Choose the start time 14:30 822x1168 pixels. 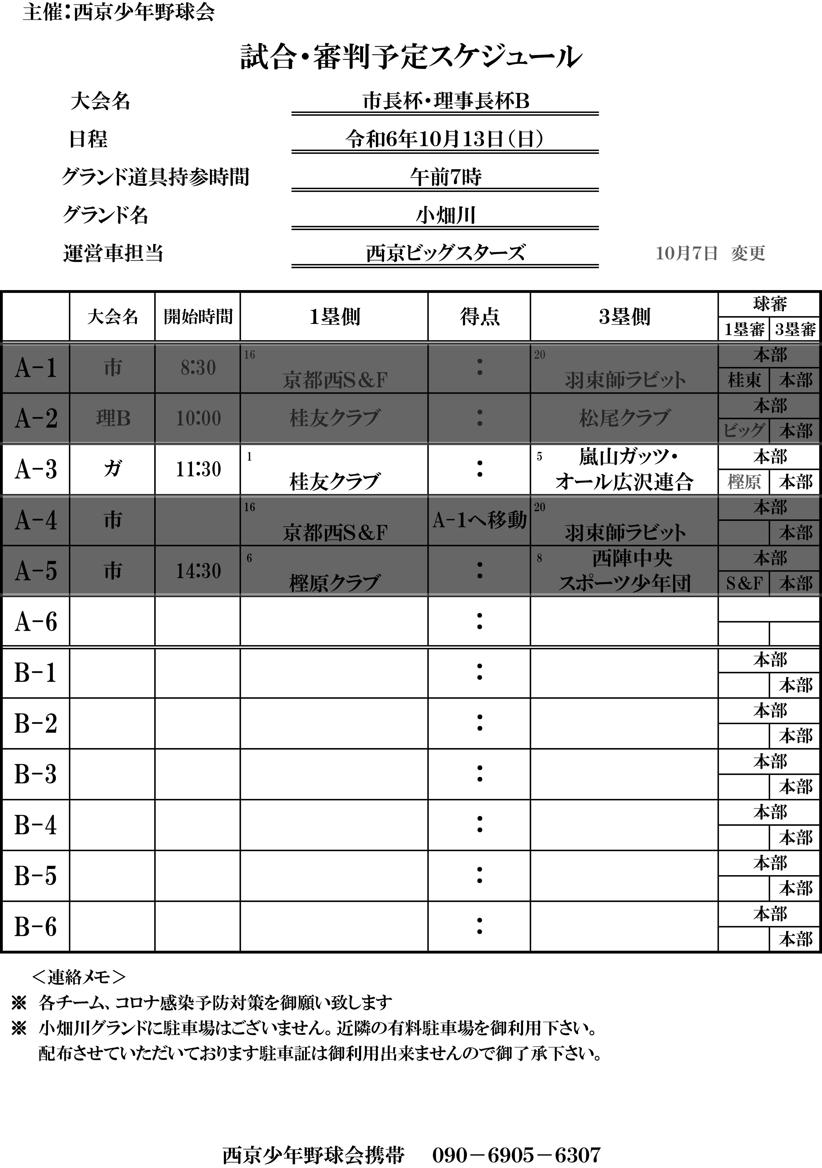pyautogui.click(x=198, y=571)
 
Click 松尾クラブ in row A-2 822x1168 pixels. pyautogui.click(x=624, y=418)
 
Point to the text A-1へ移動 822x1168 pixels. pyautogui.click(x=480, y=520)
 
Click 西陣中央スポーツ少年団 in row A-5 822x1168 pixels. pyautogui.click(x=624, y=571)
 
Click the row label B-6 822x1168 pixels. pyautogui.click(x=36, y=927)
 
